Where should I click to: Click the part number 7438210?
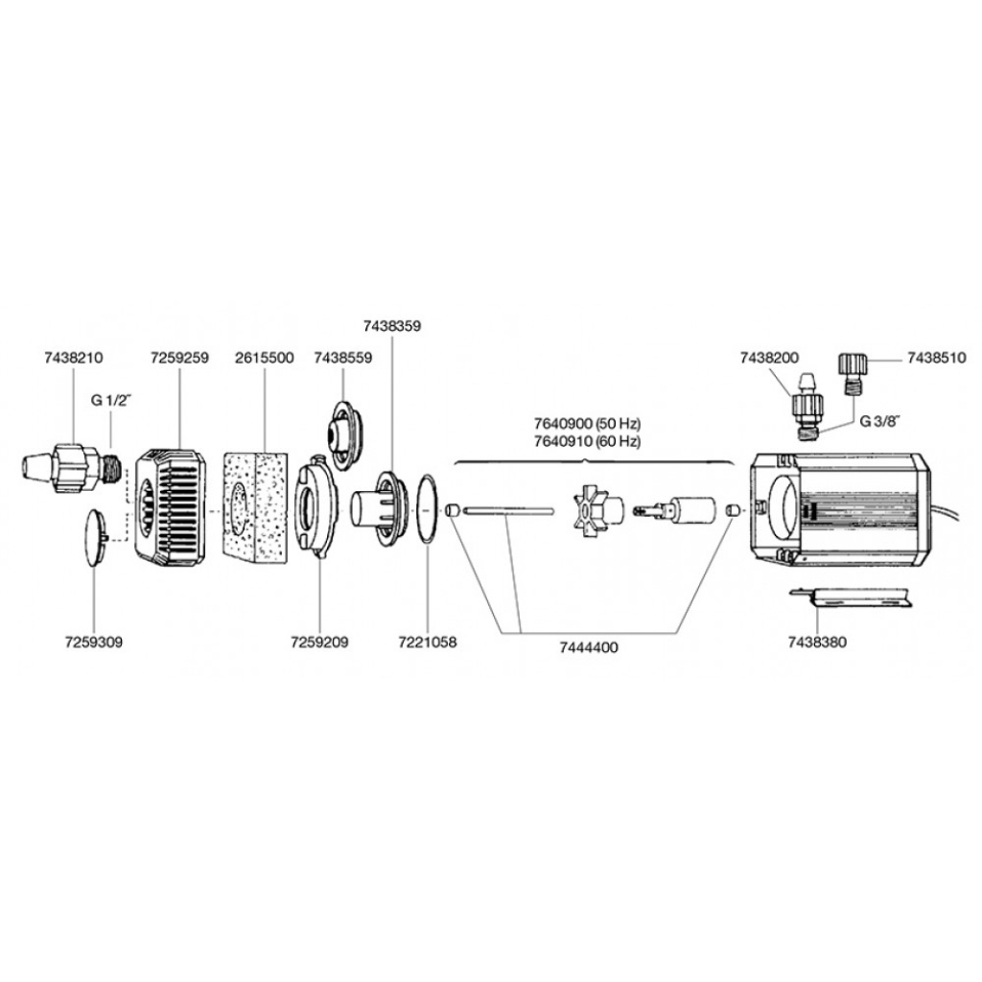point(73,358)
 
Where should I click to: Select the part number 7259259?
point(179,358)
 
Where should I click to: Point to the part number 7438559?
point(343,358)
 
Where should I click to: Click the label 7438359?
point(391,326)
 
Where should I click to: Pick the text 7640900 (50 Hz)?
point(587,424)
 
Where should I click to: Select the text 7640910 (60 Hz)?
point(587,441)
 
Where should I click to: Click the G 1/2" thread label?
point(111,400)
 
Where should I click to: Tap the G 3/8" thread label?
point(879,420)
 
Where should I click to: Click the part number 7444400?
point(589,647)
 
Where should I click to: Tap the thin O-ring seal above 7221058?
point(427,507)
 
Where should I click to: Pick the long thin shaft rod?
point(508,511)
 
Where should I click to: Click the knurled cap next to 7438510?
point(852,365)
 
